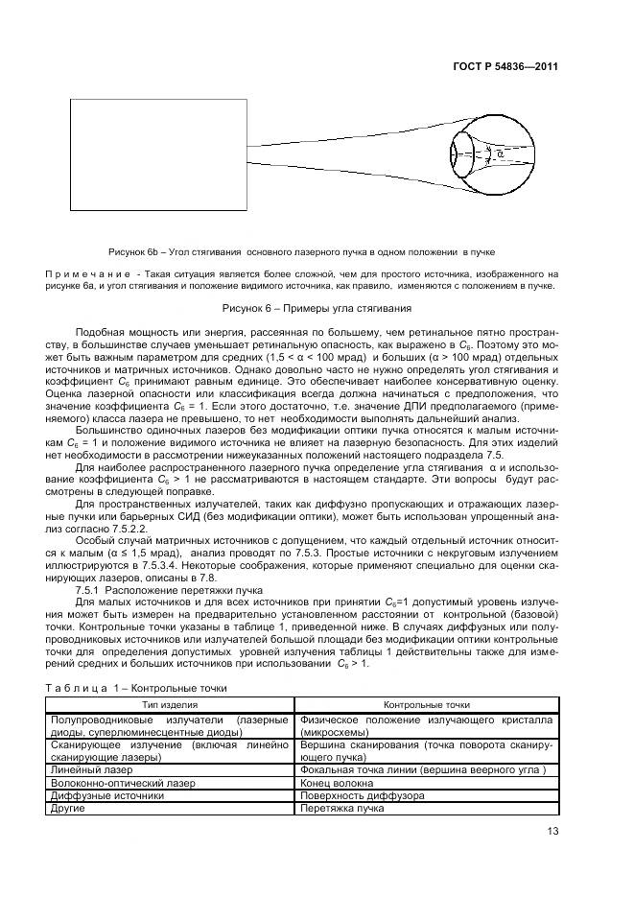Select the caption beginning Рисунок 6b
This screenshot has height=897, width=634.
tap(302, 251)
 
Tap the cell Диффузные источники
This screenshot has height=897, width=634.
tap(96, 795)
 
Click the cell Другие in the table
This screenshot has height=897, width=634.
tap(66, 808)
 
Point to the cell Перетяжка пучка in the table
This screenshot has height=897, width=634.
tap(341, 808)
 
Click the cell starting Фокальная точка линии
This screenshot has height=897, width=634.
tap(422, 770)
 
